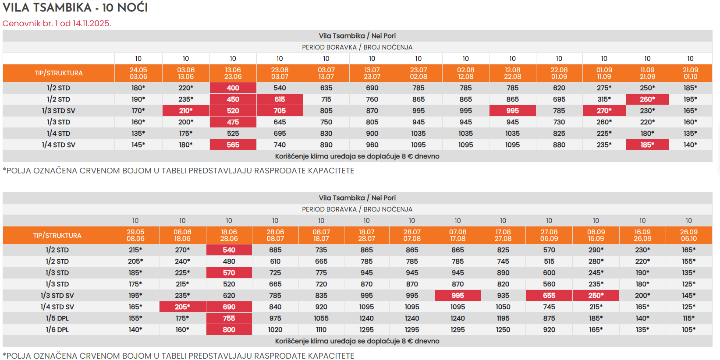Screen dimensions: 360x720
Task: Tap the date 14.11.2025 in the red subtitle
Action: pos(92,23)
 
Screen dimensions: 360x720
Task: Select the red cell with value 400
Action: pos(233,88)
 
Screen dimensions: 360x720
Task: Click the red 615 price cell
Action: pos(280,99)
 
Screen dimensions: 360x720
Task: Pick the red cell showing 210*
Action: pos(186,110)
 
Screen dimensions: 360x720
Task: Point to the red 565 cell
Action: pos(233,145)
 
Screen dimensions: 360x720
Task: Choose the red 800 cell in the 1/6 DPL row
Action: pos(229,329)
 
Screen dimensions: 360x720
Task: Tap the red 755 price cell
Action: pos(229,318)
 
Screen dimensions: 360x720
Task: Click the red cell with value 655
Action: pos(549,295)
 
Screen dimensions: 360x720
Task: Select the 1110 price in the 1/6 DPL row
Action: pos(321,329)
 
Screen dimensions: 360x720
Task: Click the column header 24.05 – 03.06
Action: pos(138,73)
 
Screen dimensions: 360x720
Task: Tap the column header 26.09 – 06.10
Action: pos(688,235)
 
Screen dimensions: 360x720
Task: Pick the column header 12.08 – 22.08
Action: pos(512,73)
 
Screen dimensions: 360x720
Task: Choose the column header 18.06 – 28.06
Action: pos(229,235)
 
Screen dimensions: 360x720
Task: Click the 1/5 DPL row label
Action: pos(57,318)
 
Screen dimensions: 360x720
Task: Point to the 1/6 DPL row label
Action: pos(57,329)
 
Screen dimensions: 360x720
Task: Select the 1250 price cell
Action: pos(503,329)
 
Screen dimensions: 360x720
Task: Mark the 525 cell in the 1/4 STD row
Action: pos(233,133)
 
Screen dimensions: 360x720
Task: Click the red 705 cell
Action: pos(280,110)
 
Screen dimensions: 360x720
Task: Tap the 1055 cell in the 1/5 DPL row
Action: pos(321,318)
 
